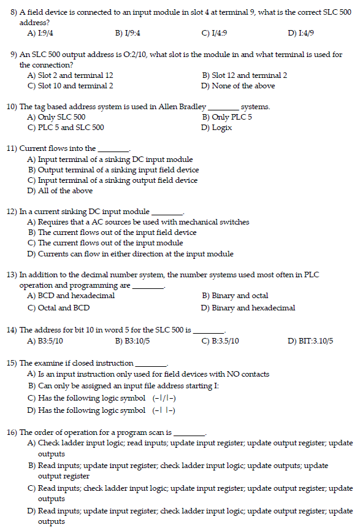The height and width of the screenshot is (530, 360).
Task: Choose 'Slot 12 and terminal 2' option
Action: pos(249,75)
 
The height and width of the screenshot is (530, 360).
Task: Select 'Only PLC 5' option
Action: pos(231,117)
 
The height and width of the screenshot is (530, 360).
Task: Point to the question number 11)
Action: pos(12,148)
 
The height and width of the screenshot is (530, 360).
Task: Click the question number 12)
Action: pos(12,211)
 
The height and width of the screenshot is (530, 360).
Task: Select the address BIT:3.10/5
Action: pos(315,340)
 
